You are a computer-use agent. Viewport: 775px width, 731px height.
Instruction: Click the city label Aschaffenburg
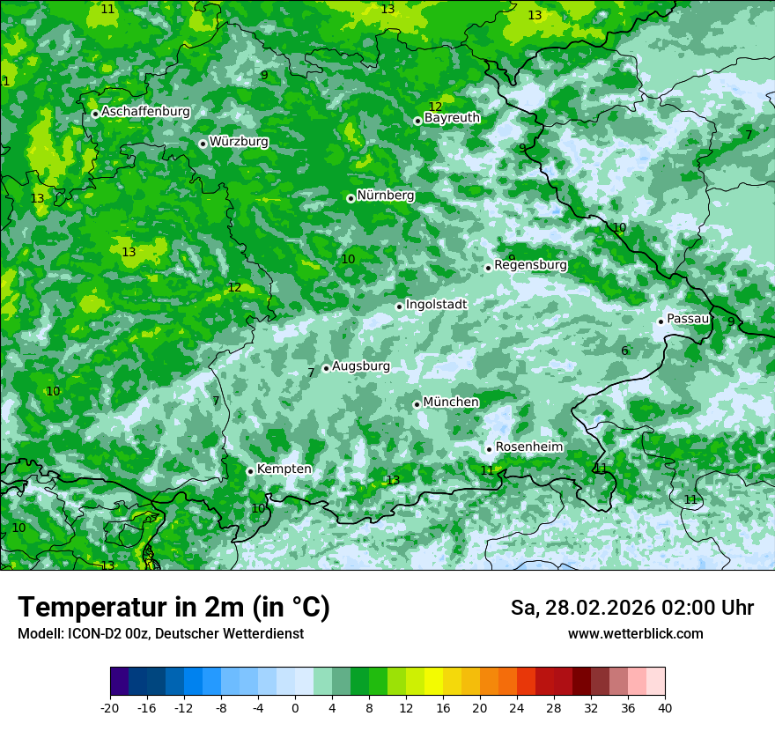click(145, 112)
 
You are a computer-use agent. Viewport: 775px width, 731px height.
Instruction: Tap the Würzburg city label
click(239, 142)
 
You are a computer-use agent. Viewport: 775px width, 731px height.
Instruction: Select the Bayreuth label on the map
click(452, 118)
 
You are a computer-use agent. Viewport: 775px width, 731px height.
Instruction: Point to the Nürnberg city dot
click(351, 198)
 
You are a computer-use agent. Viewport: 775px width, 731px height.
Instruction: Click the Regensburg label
click(530, 265)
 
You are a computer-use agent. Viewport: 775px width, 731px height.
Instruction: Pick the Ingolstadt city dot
click(399, 306)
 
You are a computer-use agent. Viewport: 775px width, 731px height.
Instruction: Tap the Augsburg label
click(360, 366)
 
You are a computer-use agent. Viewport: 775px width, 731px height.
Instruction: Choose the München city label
click(451, 402)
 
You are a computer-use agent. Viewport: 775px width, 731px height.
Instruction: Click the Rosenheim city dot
click(489, 449)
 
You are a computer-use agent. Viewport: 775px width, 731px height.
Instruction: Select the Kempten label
click(284, 469)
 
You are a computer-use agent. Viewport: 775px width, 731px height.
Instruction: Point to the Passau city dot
click(661, 321)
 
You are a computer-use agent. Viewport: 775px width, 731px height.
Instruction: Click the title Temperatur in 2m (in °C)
click(173, 608)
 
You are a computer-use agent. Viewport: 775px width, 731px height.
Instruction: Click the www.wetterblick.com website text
click(635, 634)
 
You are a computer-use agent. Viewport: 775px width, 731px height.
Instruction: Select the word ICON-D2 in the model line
click(91, 634)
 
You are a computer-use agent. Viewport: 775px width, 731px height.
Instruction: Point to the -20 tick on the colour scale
click(110, 707)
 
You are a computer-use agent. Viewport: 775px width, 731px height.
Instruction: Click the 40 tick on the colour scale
click(665, 707)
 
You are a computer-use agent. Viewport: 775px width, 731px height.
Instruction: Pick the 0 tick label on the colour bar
click(295, 707)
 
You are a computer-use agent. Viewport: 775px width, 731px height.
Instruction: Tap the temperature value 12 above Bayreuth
click(435, 107)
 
